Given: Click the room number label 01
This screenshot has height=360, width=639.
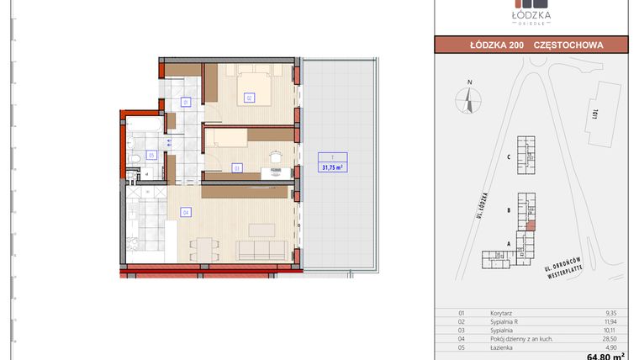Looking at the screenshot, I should click(x=187, y=103).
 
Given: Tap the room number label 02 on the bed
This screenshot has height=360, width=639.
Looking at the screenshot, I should click(x=249, y=98).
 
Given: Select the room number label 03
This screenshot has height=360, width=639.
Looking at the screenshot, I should click(x=238, y=167).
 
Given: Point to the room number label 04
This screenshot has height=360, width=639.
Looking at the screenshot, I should click(x=186, y=212).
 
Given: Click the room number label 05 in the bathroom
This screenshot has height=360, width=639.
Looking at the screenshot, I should click(x=151, y=155).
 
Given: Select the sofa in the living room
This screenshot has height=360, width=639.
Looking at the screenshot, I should click(x=263, y=249).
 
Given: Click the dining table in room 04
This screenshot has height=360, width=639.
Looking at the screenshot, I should click(x=201, y=248).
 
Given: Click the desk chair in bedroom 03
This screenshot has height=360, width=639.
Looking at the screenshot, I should click(x=274, y=157).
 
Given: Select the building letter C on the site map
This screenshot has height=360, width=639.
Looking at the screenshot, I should click(x=510, y=156).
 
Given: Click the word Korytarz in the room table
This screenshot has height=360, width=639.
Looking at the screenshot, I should click(x=502, y=312).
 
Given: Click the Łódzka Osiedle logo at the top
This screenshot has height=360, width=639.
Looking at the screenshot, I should click(x=531, y=17).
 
